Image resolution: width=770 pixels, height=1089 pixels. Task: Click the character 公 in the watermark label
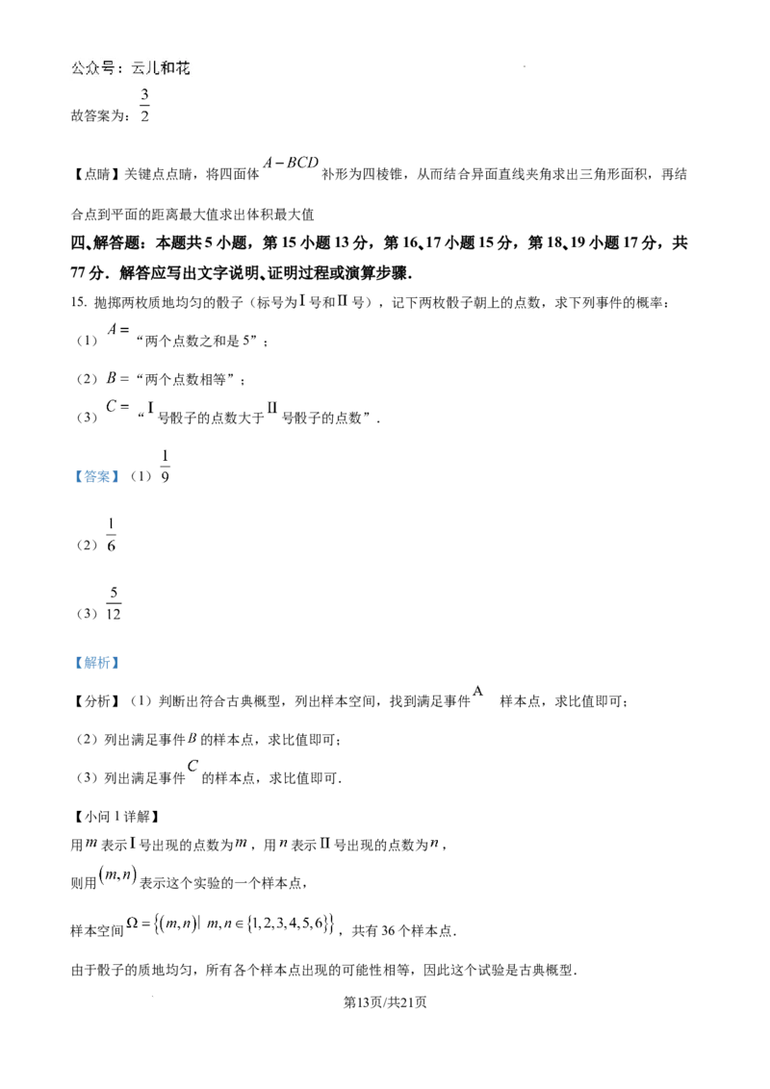coord(78,69)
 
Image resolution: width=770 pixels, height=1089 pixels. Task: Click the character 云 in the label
coord(140,69)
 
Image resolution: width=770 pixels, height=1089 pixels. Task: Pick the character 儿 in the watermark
coord(155,69)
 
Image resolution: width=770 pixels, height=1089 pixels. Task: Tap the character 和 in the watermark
coord(170,69)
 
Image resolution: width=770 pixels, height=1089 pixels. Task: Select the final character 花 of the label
coord(186,69)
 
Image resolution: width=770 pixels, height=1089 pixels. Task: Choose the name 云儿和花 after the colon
coord(163,69)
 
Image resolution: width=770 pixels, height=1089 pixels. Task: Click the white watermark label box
coord(131,69)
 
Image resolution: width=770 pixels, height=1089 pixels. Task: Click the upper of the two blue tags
coord(96,477)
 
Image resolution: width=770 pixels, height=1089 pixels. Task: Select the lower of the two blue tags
coord(96,662)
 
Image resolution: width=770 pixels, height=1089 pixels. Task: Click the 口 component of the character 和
coord(175,70)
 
